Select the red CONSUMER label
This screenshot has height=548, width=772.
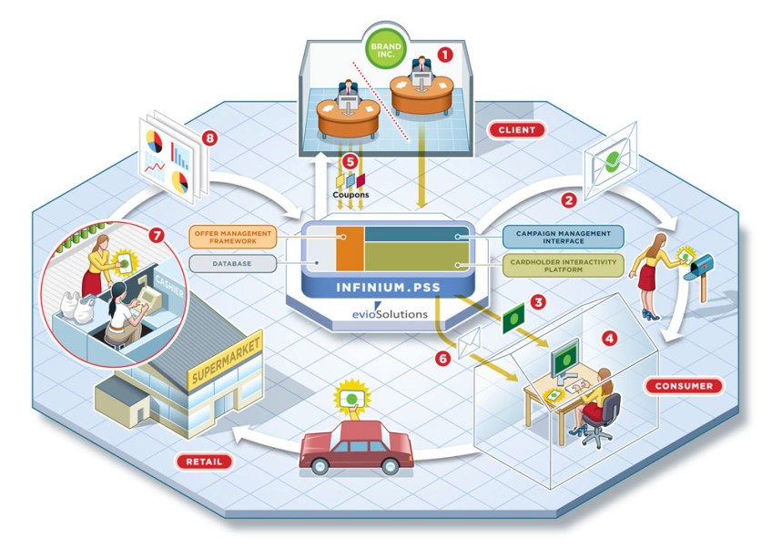[x=683, y=386]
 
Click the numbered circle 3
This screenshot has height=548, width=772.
[x=538, y=299]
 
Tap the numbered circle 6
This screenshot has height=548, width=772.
[x=443, y=359]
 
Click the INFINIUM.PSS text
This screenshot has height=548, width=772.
[x=381, y=290]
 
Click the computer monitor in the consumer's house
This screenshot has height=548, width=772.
[x=564, y=353]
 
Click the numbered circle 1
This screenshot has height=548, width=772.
[x=444, y=54]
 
